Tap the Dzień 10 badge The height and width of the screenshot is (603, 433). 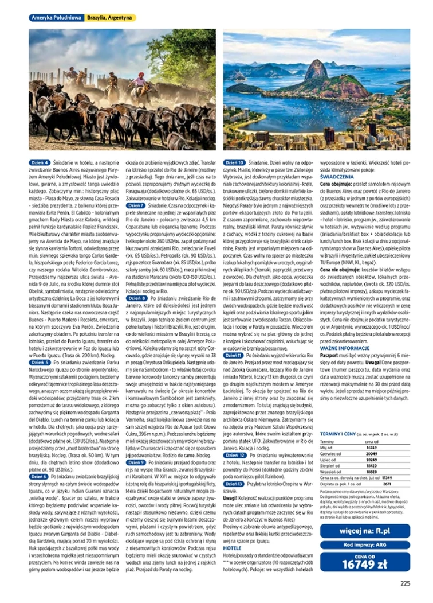pyautogui.click(x=233, y=163)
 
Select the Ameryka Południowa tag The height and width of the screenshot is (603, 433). pyautogui.click(x=56, y=18)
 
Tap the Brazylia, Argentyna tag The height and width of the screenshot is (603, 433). pyautogui.click(x=109, y=18)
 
